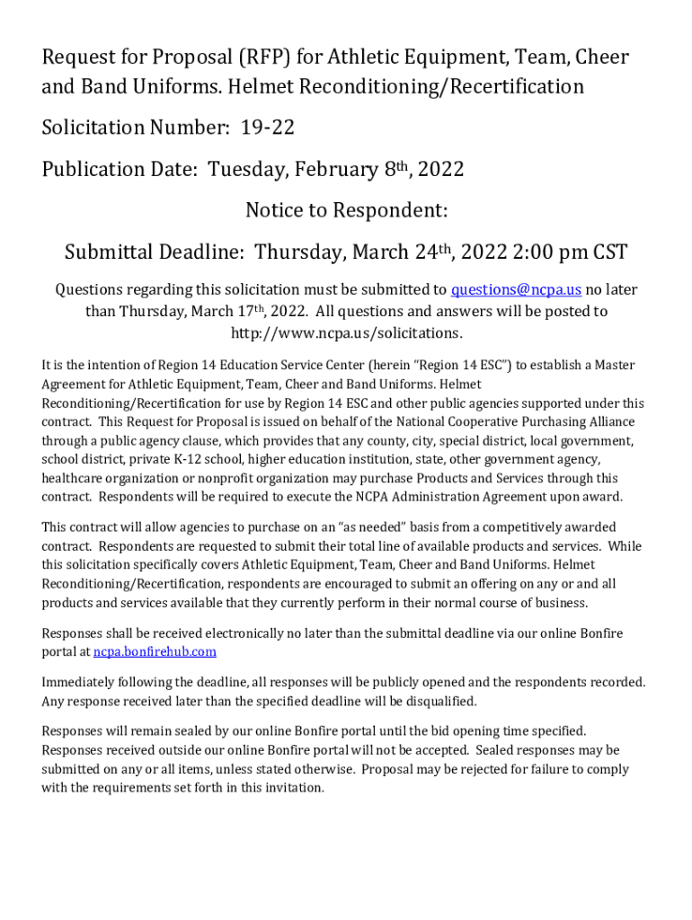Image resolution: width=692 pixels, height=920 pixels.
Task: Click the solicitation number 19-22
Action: (x=267, y=128)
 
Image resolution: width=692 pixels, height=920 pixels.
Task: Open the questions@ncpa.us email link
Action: (x=516, y=289)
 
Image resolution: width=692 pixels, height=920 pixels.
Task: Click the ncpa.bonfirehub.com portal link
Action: (x=155, y=651)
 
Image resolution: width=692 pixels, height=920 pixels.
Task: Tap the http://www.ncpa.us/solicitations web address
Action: (x=346, y=333)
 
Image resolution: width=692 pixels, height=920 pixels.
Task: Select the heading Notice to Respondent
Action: (x=346, y=211)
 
